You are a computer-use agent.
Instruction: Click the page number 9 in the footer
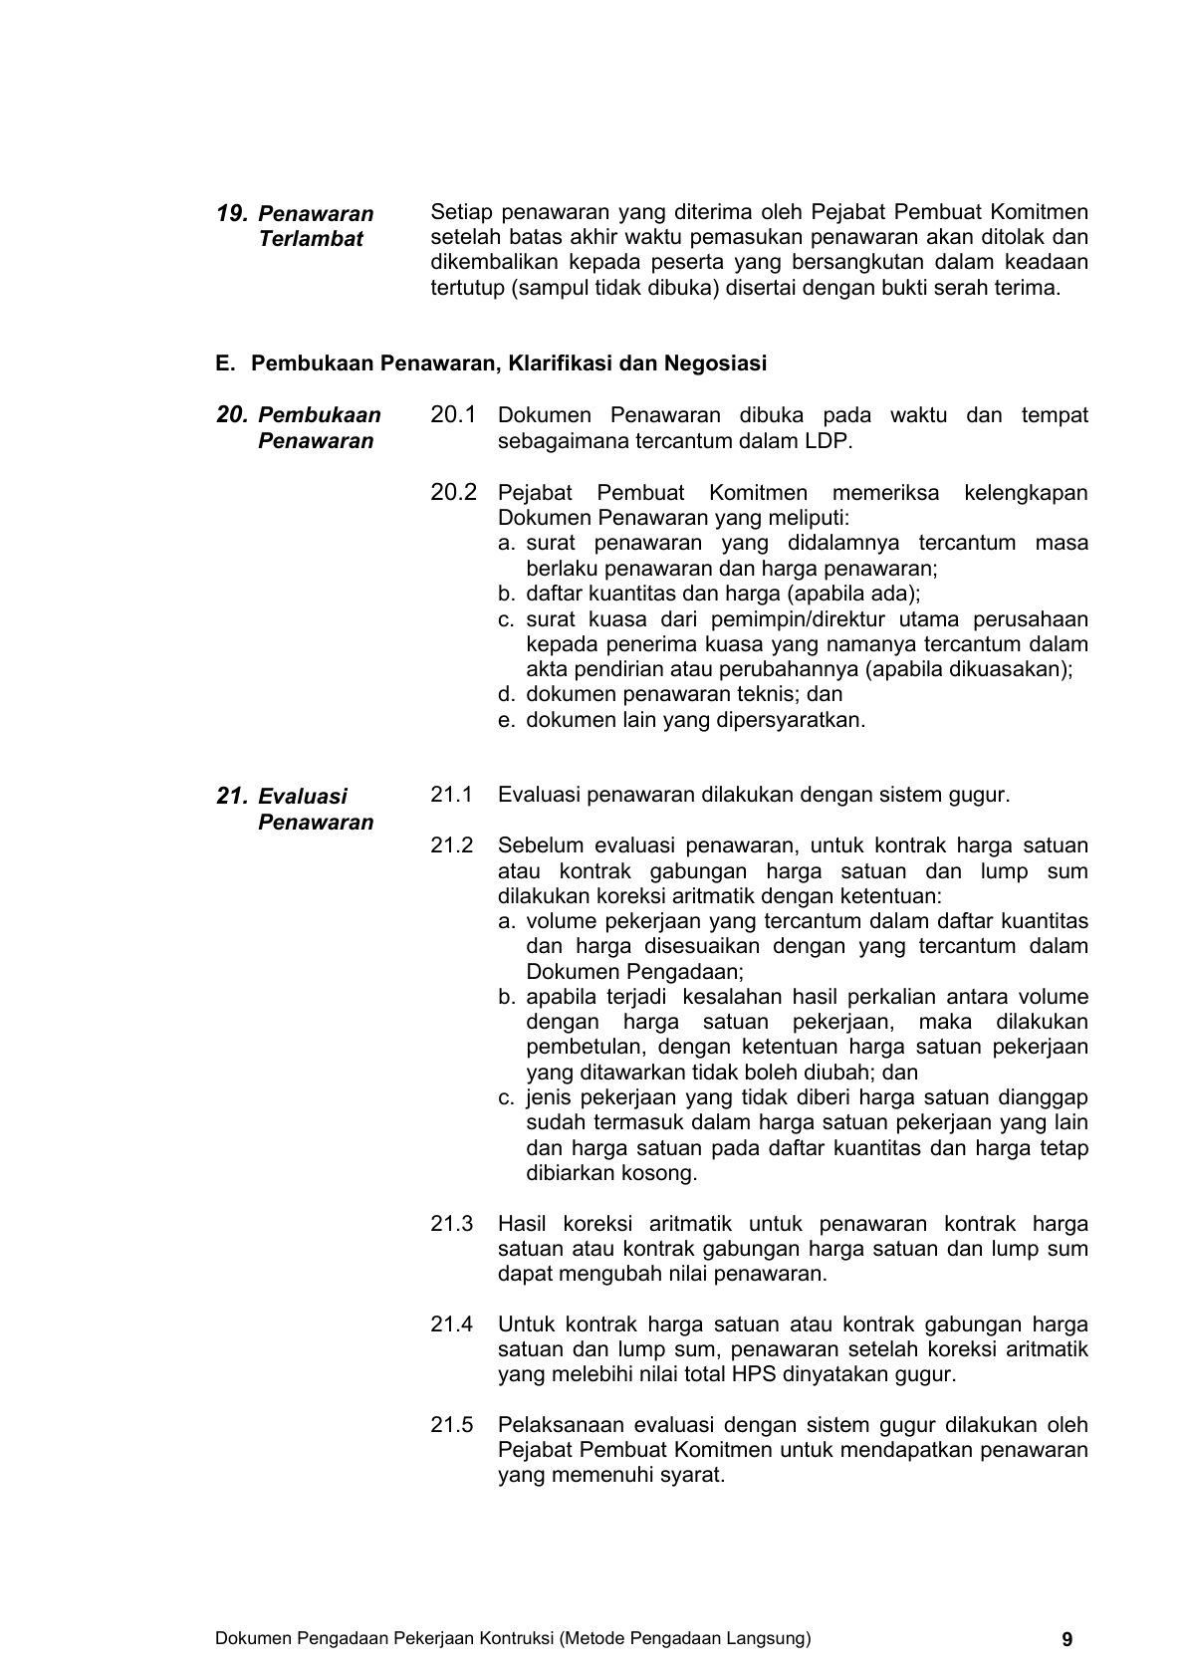[x=1067, y=1639]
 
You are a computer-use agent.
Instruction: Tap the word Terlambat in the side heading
[x=311, y=239]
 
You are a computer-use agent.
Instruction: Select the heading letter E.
[x=224, y=363]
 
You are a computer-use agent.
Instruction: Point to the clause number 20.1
[x=453, y=415]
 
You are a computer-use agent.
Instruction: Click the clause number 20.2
[x=453, y=492]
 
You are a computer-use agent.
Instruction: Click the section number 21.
[x=231, y=796]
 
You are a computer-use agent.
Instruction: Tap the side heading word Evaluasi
[x=303, y=797]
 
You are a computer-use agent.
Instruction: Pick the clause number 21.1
[x=451, y=795]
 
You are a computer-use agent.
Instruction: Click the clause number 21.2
[x=451, y=845]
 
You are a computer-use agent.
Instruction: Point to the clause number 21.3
[x=451, y=1224]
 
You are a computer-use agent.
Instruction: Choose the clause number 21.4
[x=451, y=1324]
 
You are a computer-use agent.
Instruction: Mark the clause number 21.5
[x=451, y=1425]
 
